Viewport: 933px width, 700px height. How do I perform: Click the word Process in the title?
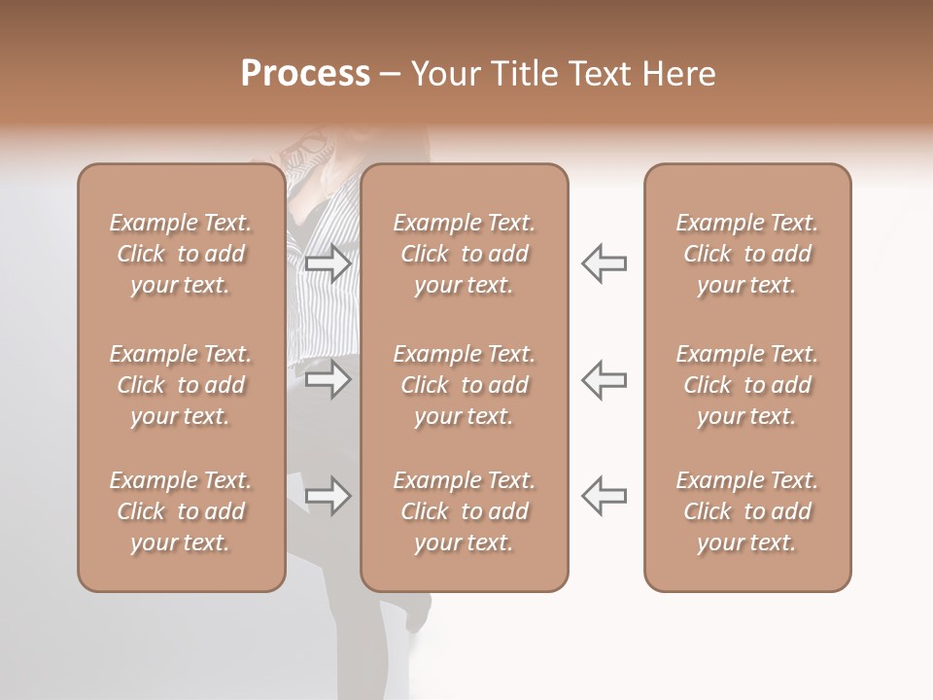click(x=305, y=74)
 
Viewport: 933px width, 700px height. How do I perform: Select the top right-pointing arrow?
click(x=328, y=263)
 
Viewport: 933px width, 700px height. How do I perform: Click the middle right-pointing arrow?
click(x=328, y=379)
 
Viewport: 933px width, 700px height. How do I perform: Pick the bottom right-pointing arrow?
click(x=328, y=497)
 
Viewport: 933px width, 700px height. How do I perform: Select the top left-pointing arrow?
click(x=605, y=263)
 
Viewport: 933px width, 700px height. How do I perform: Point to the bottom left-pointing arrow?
click(x=605, y=496)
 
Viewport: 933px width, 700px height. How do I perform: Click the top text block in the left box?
click(x=181, y=254)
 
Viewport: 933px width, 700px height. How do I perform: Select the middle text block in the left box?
click(x=181, y=385)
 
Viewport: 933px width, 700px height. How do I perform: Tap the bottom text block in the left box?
click(x=181, y=511)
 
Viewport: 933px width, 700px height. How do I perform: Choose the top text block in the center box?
click(x=465, y=254)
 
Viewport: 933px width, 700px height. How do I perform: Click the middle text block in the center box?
click(x=465, y=385)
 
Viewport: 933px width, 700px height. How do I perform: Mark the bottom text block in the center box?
click(x=465, y=511)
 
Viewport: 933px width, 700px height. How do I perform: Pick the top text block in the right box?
click(x=747, y=254)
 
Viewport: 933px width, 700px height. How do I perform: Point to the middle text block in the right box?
click(x=747, y=385)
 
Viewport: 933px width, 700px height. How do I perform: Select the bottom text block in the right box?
click(x=747, y=511)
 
